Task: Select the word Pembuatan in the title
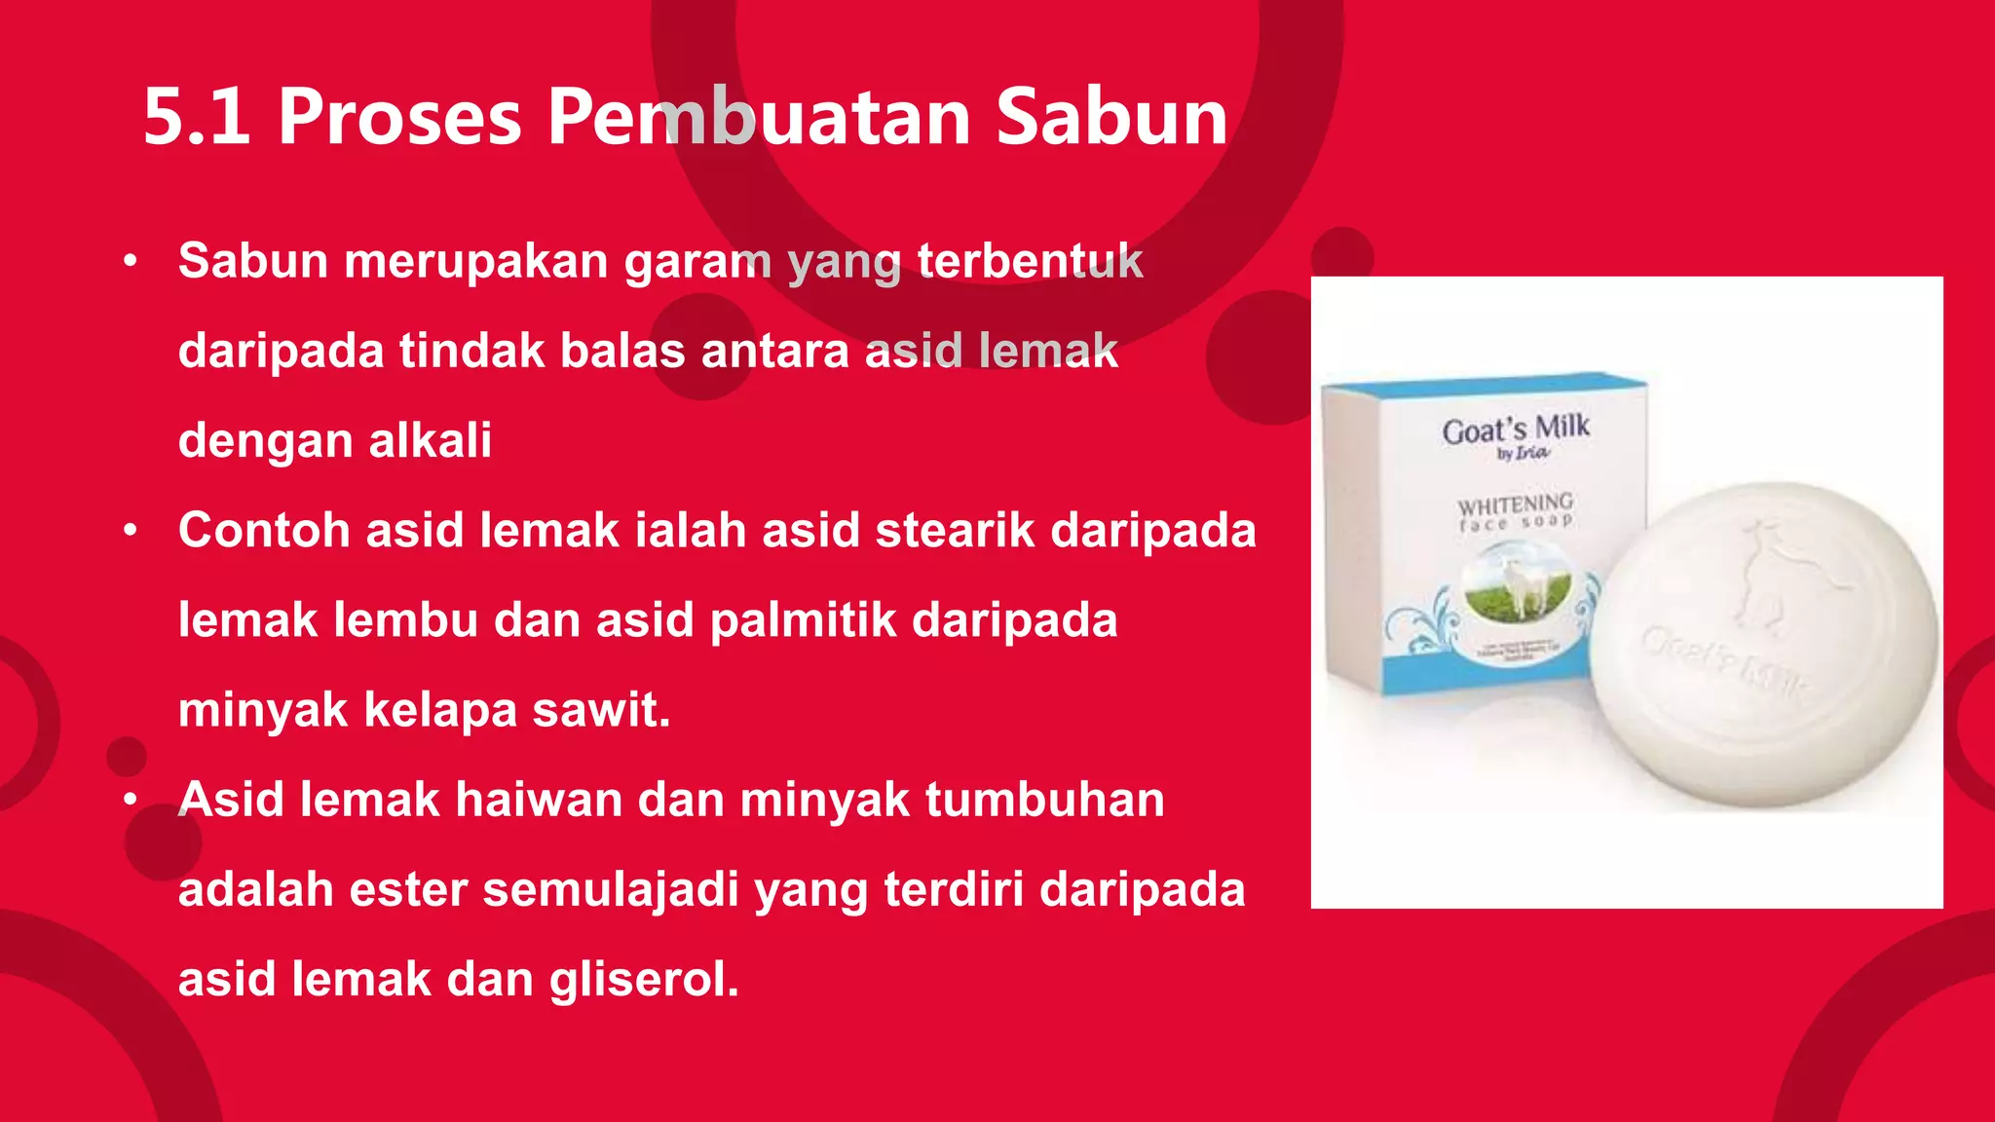[x=759, y=118]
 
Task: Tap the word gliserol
[x=644, y=979]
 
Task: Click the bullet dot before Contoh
[x=131, y=531]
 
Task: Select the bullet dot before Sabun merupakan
[x=131, y=261]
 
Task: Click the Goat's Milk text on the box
[x=1516, y=429]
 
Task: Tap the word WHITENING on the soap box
[x=1515, y=505]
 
